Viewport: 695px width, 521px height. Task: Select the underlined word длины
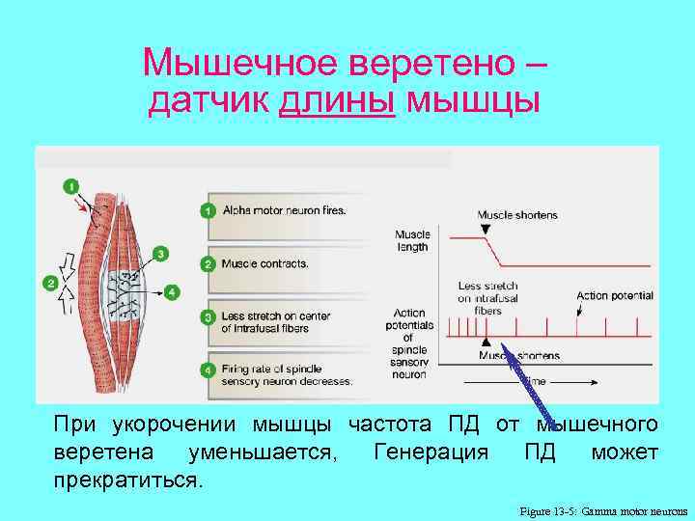[x=337, y=100]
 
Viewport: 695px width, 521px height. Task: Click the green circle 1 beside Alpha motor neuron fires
[x=208, y=209]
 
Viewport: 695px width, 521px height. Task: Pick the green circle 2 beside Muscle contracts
[x=208, y=263]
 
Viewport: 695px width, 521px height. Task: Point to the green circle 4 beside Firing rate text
[x=208, y=370]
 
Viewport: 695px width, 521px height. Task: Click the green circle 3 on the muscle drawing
[x=161, y=253]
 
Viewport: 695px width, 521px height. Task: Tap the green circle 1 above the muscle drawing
[x=69, y=184]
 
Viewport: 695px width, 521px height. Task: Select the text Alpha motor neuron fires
[x=284, y=209]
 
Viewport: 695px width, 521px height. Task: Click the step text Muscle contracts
[x=264, y=263]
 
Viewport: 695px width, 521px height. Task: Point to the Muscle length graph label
[x=412, y=240]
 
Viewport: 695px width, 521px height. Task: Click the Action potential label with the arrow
[x=615, y=295]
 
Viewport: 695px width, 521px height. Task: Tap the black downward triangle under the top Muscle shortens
[x=485, y=229]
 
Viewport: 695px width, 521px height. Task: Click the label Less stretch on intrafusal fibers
[x=487, y=298]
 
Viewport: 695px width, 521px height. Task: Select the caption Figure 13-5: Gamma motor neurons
[x=603, y=509]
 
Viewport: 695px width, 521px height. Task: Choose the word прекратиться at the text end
[x=128, y=480]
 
